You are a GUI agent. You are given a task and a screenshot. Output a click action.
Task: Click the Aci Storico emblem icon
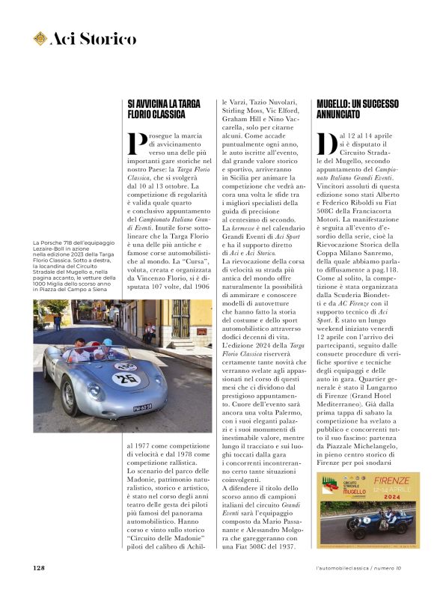pos(40,38)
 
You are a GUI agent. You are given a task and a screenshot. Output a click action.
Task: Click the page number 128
pos(39,567)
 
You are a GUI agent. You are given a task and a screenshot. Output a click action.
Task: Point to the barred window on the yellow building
pos(180,317)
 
